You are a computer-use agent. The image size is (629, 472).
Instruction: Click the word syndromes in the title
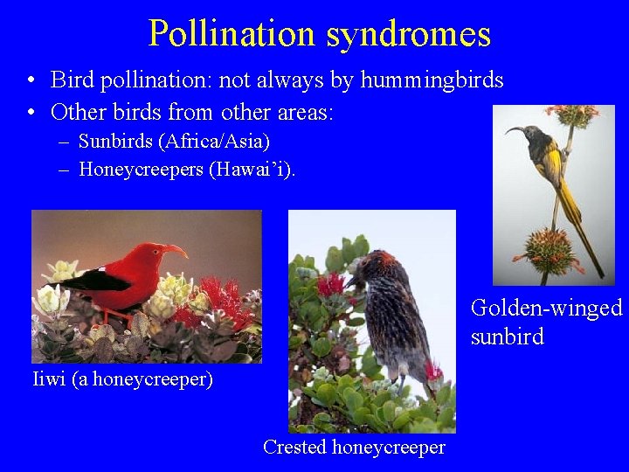409,34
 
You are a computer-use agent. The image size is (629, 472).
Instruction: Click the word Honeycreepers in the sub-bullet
141,170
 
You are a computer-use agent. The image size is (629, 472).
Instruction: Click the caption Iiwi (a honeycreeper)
122,379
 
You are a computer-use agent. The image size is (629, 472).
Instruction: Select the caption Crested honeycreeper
354,448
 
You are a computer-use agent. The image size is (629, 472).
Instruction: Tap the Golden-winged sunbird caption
546,322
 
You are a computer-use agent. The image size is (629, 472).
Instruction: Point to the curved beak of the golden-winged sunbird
515,132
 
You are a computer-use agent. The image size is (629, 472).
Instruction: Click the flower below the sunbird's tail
548,248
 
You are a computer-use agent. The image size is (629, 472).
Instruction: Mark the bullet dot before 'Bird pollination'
31,81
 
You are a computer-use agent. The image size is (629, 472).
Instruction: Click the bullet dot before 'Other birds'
31,113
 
